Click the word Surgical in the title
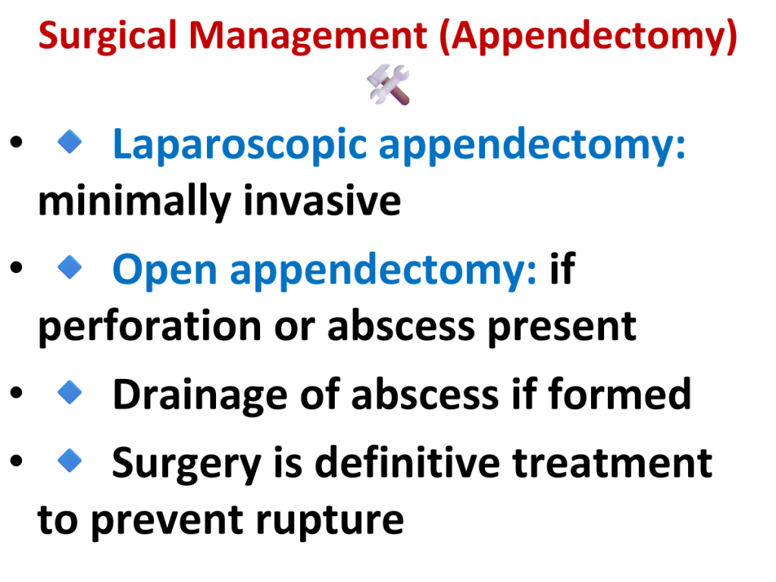pos(108,36)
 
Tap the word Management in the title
pos(308,36)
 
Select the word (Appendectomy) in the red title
pos(588,36)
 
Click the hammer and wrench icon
pos(389,84)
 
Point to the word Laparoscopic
pos(239,145)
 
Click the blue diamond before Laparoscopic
pos(70,142)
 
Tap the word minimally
pos(135,202)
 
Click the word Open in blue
pos(164,271)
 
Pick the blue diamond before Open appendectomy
pos(70,268)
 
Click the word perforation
pos(150,327)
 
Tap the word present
pos(562,327)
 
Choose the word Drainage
pos(200,396)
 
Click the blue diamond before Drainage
pos(70,393)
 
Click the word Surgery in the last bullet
pos(186,465)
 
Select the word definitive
pos(407,462)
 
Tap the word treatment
pos(612,463)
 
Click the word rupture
pos(330,521)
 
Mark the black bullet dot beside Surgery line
pos(17,461)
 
